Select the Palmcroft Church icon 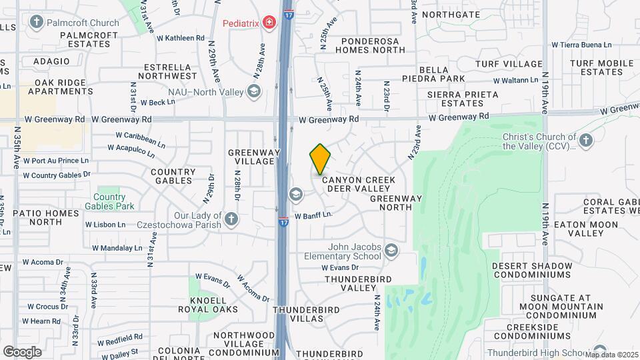coord(36,23)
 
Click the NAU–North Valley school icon coord(253,91)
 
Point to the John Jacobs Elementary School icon coord(391,251)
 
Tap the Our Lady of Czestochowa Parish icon coord(231,219)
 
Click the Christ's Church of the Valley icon coord(585,140)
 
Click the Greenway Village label coord(251,157)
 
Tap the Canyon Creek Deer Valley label coord(359,184)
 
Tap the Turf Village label coord(509,64)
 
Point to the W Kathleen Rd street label coord(180,38)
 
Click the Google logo coord(23,351)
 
